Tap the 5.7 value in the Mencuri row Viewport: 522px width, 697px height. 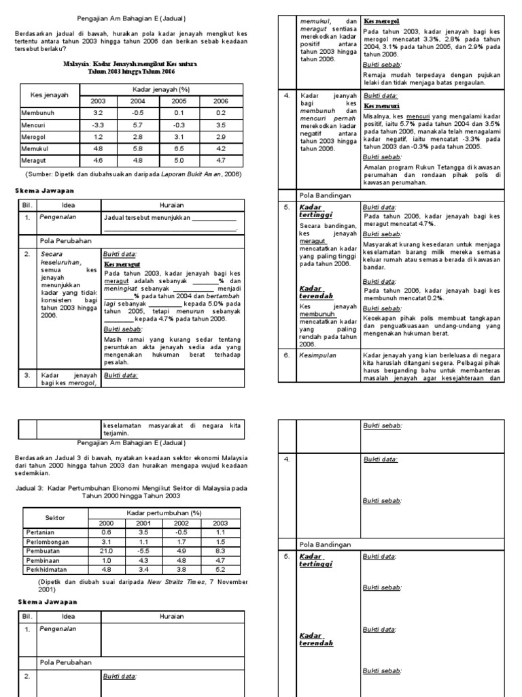tap(138, 125)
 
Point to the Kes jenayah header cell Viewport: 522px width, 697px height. tap(46, 95)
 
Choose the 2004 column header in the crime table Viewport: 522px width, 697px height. tap(138, 101)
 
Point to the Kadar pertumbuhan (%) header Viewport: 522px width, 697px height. tap(162, 513)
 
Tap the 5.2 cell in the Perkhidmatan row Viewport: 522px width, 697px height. tap(220, 568)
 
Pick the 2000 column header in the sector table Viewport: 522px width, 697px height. tap(106, 523)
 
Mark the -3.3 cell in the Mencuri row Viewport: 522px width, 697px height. tap(98, 125)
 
